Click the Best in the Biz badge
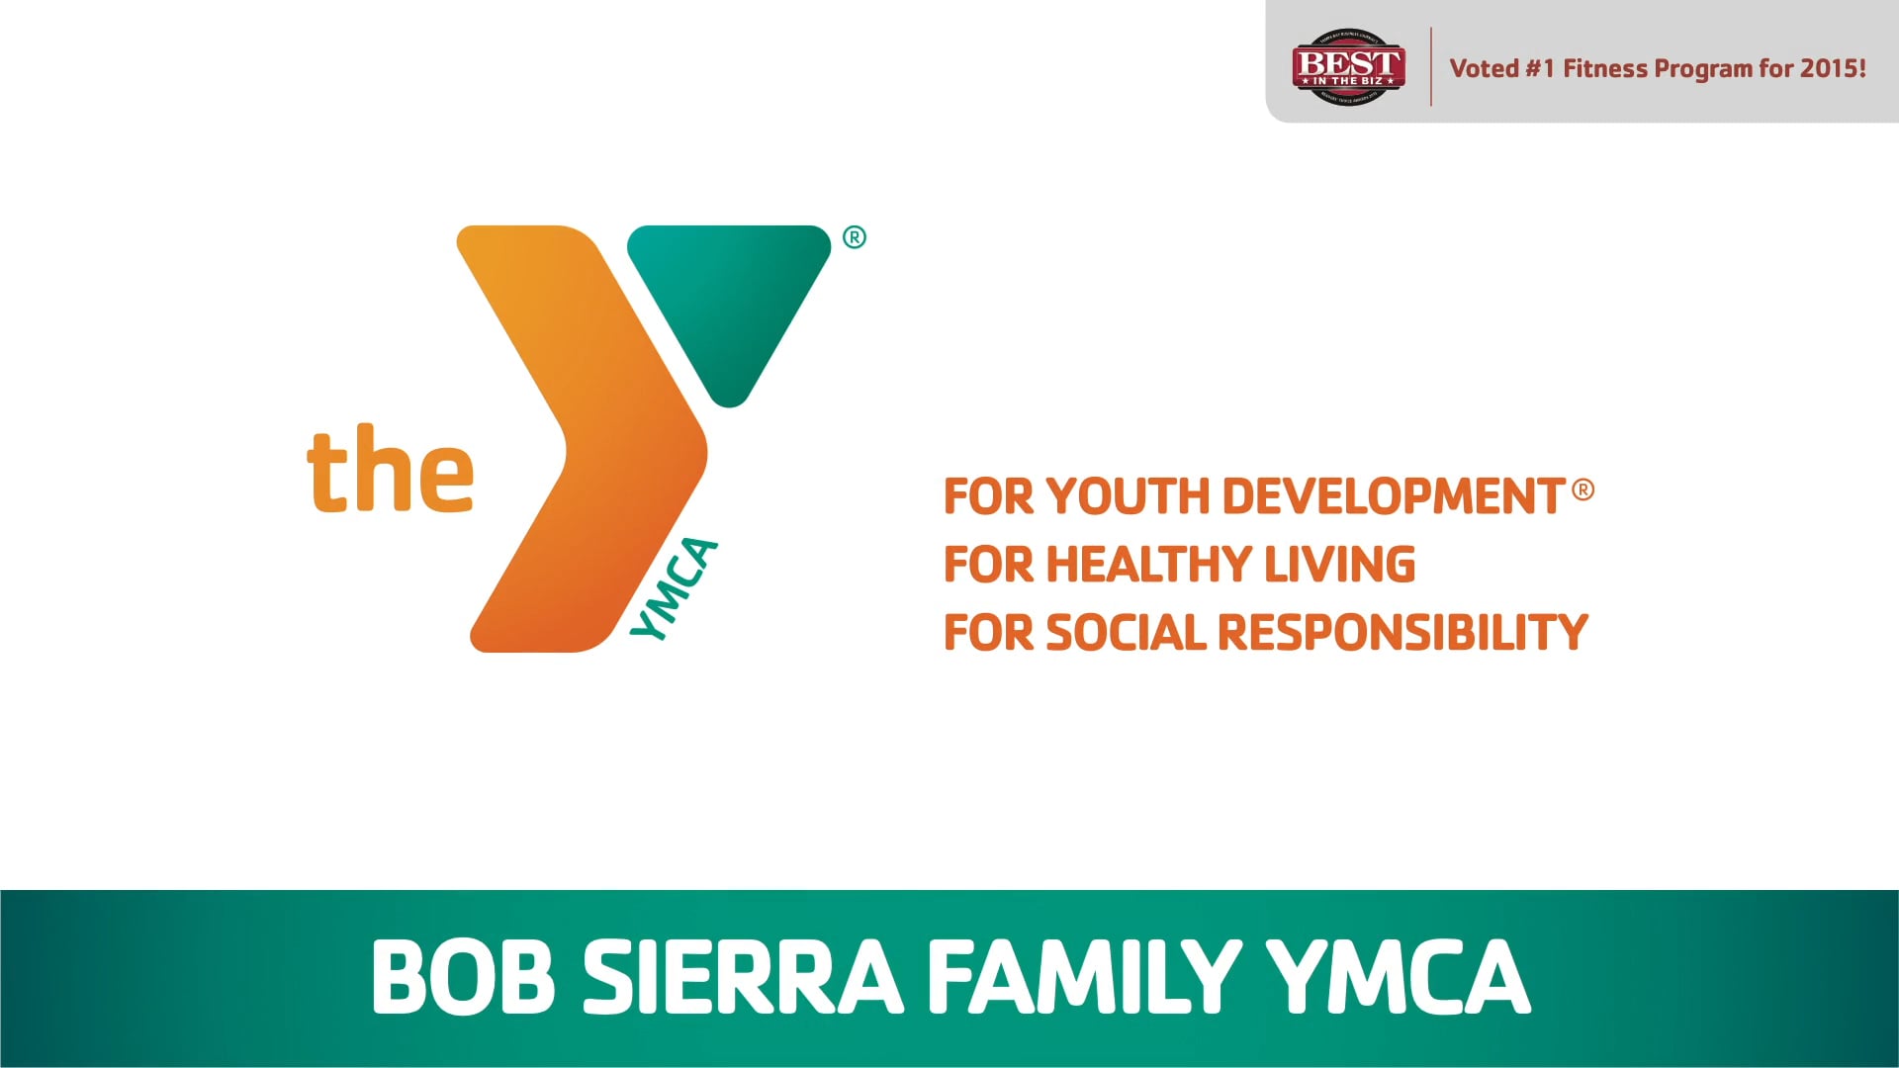pyautogui.click(x=1348, y=66)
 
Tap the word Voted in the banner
pyautogui.click(x=1484, y=68)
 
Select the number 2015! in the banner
pyautogui.click(x=1833, y=68)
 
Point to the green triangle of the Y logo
pyautogui.click(x=730, y=297)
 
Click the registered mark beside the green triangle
pyautogui.click(x=855, y=237)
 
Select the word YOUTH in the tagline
pyautogui.click(x=1128, y=496)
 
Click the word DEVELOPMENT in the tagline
pyautogui.click(x=1393, y=496)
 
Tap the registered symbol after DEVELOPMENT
pyautogui.click(x=1582, y=489)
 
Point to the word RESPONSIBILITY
pyautogui.click(x=1402, y=633)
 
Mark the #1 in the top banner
pyautogui.click(x=1540, y=68)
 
